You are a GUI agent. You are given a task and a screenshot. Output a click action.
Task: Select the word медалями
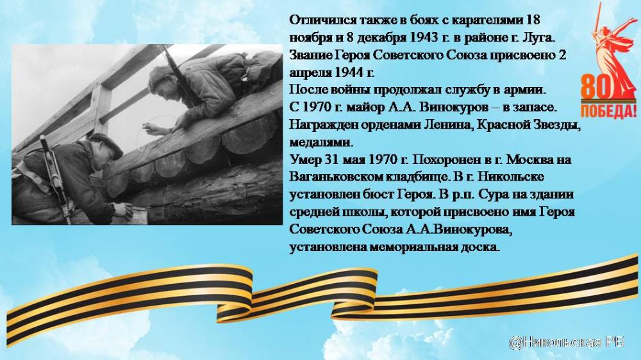click(320, 142)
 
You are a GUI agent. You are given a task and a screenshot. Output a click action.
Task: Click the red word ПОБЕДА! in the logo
click(609, 110)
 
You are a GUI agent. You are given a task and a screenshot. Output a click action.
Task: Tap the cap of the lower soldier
click(107, 144)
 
